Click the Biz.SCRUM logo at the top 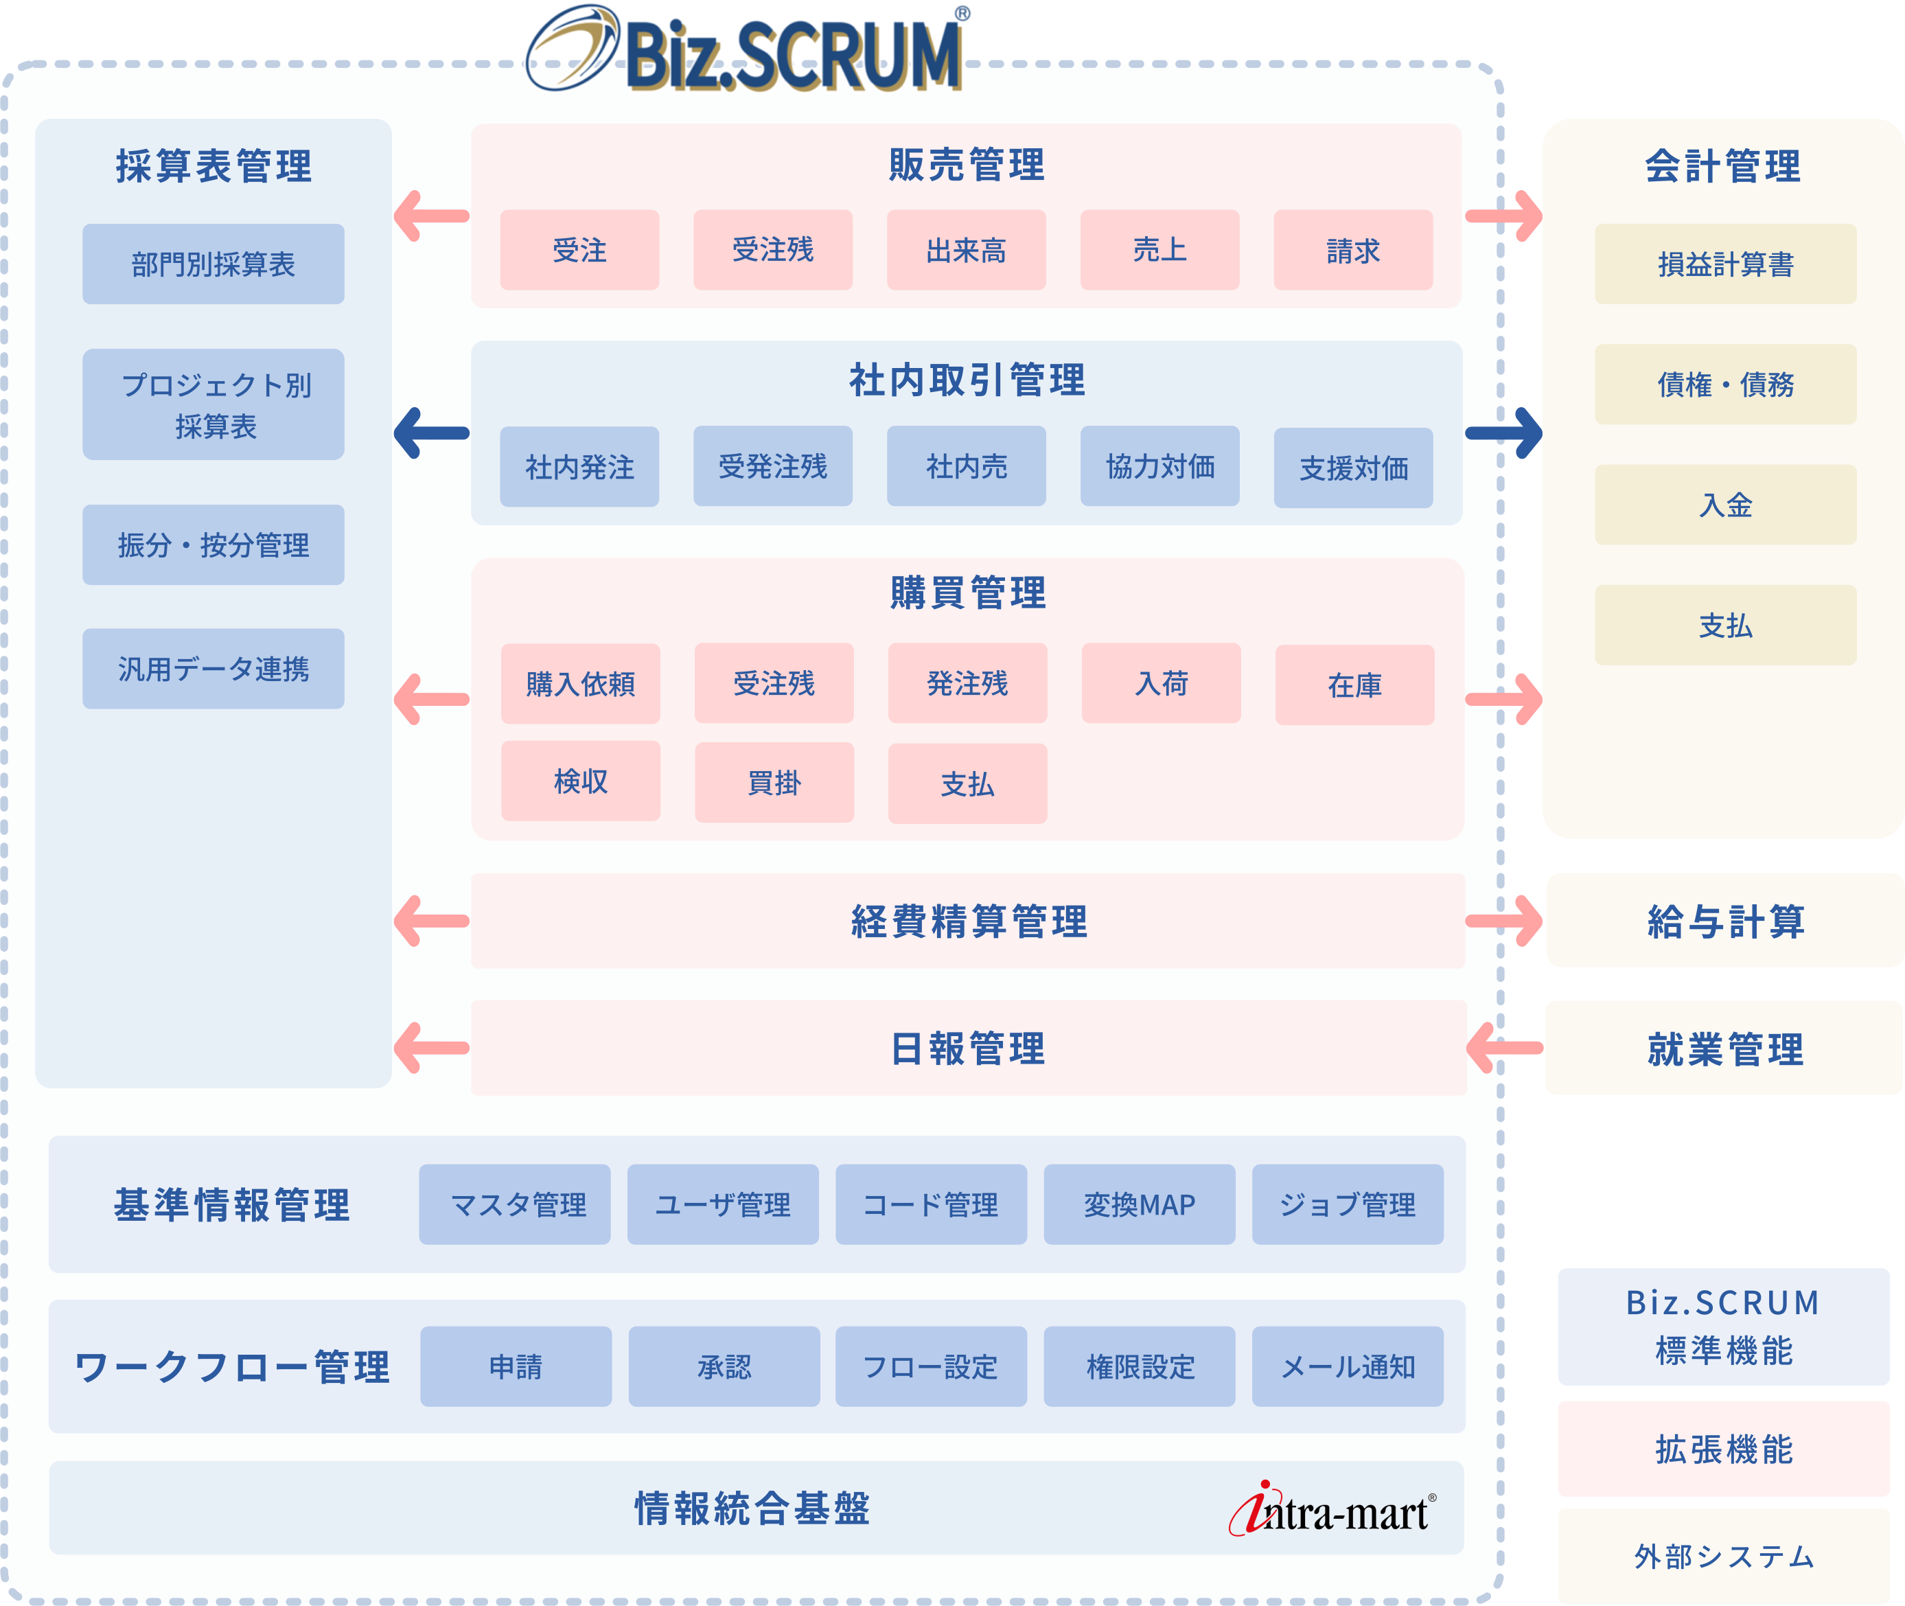tap(746, 50)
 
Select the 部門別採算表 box tap(213, 264)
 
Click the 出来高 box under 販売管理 tap(966, 251)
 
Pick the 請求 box tap(1352, 251)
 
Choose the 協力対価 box tap(1159, 466)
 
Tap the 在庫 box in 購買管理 tap(1354, 685)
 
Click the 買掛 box tap(774, 782)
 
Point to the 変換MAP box tap(1139, 1204)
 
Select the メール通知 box tap(1347, 1366)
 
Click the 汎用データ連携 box tap(213, 669)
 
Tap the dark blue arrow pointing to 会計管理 tap(1503, 433)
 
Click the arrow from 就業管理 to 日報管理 tap(1503, 1048)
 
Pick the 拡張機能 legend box tap(1723, 1449)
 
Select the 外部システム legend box tap(1723, 1556)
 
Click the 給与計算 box tap(1724, 921)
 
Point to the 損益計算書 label tap(1724, 265)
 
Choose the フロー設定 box tap(930, 1366)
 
